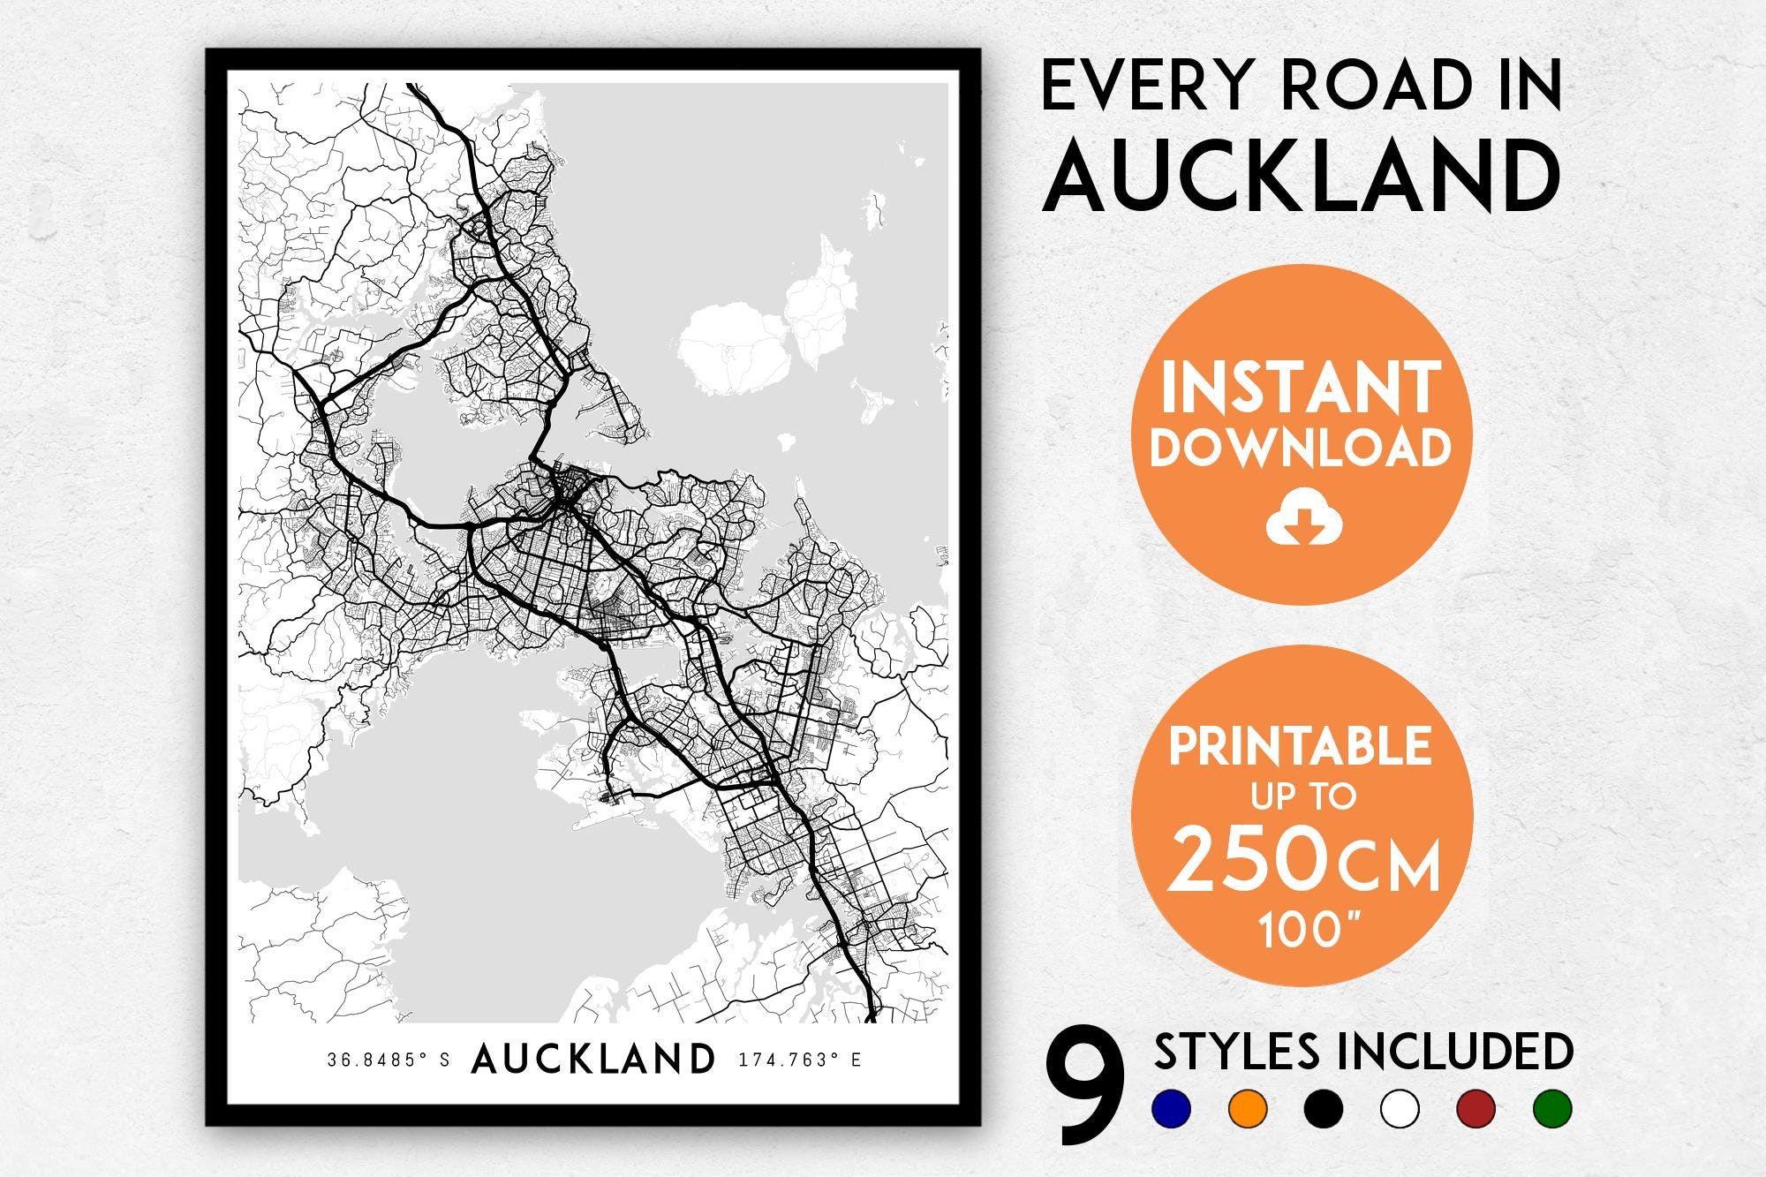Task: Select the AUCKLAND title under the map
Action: point(593,1060)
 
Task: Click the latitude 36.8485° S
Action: point(389,1060)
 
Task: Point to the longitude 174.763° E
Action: point(798,1060)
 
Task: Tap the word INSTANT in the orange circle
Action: point(1301,389)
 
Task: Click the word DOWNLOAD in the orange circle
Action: point(1301,448)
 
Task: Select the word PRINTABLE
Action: point(1300,747)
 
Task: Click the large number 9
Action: point(1085,1090)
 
